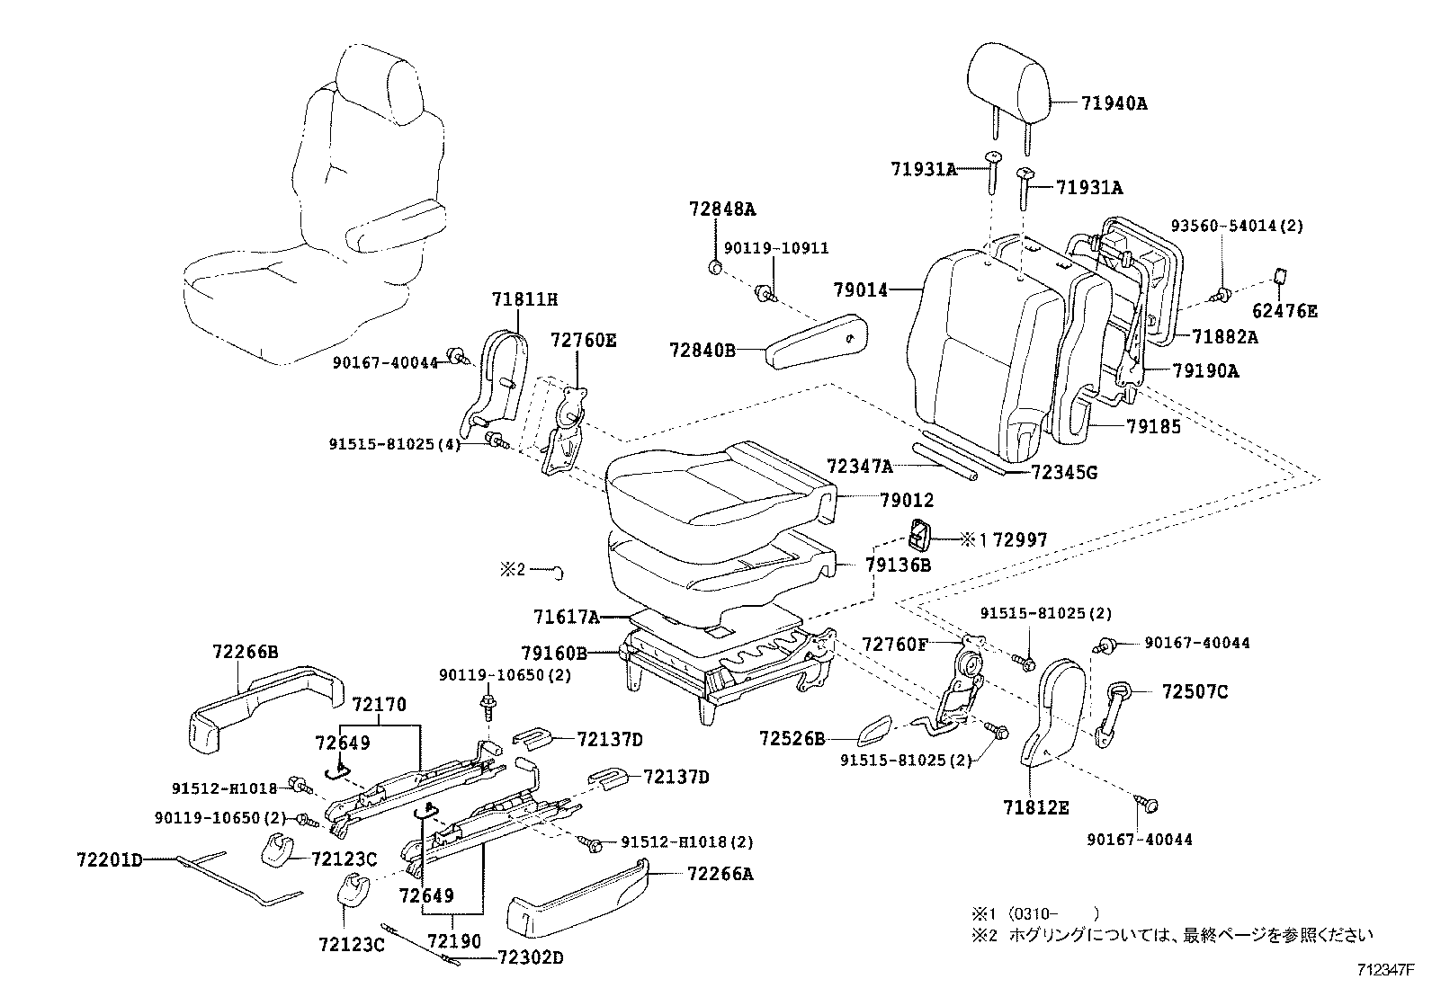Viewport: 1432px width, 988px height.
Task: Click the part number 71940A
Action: [x=1114, y=103]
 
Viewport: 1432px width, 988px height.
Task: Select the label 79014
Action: [x=861, y=290]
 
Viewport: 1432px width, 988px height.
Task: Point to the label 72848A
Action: [x=722, y=209]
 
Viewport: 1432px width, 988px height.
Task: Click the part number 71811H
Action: [x=524, y=298]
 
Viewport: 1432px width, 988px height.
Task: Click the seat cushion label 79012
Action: [x=907, y=500]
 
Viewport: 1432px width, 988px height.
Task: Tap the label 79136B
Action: [x=898, y=565]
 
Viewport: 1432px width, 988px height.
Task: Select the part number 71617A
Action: [x=565, y=617]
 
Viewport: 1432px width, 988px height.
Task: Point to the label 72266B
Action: [x=245, y=652]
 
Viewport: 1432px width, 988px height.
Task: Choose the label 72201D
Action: [x=109, y=860]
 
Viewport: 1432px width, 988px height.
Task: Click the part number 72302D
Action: [x=530, y=958]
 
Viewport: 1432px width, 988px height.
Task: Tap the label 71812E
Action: [x=1036, y=807]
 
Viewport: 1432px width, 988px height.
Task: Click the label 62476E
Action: [x=1284, y=311]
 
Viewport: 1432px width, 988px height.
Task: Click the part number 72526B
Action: [x=792, y=738]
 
